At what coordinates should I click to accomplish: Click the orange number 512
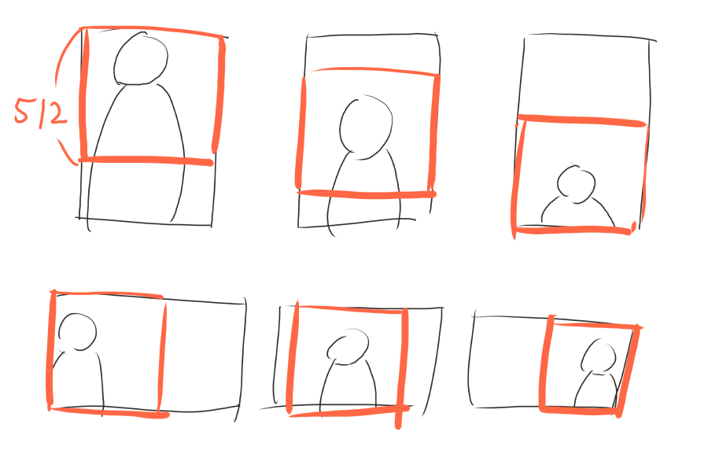click(x=41, y=112)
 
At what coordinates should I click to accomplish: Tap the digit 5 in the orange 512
click(x=21, y=111)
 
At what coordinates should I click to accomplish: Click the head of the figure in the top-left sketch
click(x=141, y=58)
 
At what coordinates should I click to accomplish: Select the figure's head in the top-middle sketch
click(x=366, y=127)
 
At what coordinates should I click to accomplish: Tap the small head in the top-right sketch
click(x=576, y=183)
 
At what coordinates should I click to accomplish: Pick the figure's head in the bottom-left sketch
click(x=77, y=331)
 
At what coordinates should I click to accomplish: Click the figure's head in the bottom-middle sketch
click(x=348, y=347)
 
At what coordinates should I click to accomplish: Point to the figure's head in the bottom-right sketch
click(x=599, y=356)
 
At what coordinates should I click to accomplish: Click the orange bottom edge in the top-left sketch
click(x=146, y=160)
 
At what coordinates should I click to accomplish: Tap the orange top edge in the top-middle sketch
click(x=374, y=71)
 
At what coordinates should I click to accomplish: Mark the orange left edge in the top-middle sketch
click(x=301, y=133)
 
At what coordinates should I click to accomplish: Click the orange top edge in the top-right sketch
click(x=582, y=120)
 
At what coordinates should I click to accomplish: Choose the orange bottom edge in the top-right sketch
click(x=573, y=230)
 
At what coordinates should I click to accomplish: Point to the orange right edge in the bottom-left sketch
click(x=161, y=357)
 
